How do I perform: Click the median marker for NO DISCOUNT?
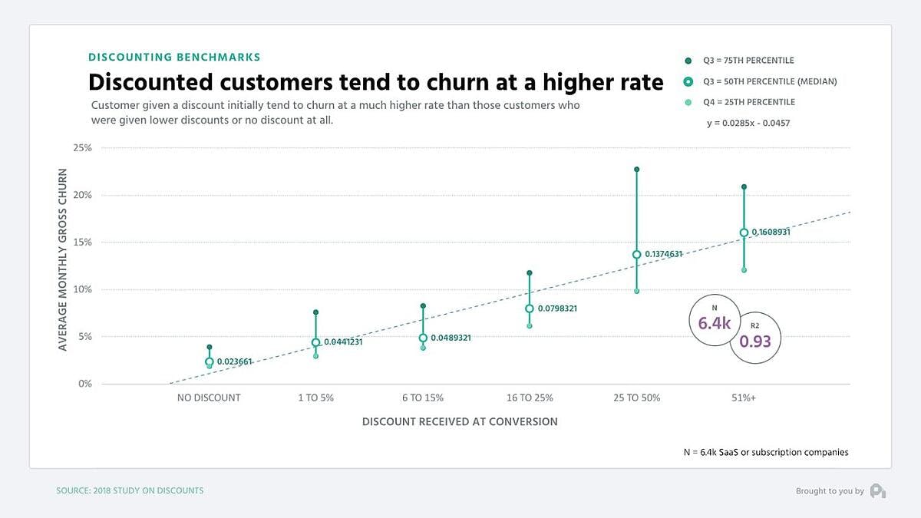click(x=209, y=361)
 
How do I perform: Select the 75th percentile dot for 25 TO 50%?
click(x=636, y=169)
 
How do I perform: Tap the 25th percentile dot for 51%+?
click(x=744, y=270)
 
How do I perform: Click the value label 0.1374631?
click(x=663, y=254)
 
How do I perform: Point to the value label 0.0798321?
click(x=556, y=308)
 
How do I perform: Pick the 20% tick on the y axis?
click(x=81, y=195)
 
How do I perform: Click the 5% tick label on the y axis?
click(x=84, y=336)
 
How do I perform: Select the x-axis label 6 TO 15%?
click(x=422, y=398)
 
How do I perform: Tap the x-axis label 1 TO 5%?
click(x=315, y=398)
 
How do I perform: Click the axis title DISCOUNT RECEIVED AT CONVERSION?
click(x=460, y=421)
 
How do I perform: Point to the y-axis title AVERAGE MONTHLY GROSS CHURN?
click(x=63, y=260)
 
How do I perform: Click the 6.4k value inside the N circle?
click(x=714, y=323)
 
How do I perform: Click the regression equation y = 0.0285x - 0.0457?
click(x=748, y=123)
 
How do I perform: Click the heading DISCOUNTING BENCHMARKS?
click(x=174, y=57)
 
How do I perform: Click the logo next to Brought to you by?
click(x=878, y=491)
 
